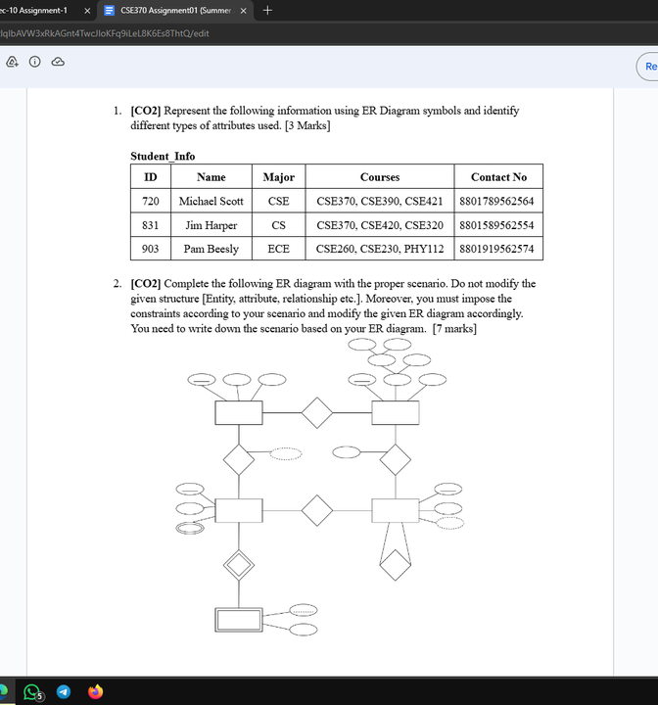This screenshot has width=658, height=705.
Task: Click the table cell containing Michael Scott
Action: [x=211, y=201]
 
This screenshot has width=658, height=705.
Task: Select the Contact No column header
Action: [x=498, y=177]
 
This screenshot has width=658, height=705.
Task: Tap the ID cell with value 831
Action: [x=151, y=224]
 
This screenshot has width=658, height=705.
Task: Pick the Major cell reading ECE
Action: [x=278, y=249]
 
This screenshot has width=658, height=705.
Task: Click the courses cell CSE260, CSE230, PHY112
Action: [x=380, y=249]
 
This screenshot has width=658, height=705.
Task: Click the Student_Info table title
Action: [x=163, y=156]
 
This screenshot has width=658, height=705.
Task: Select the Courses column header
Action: [x=380, y=177]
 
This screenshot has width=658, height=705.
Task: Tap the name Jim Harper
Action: [x=211, y=224]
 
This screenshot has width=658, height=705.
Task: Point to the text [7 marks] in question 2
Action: [x=454, y=328]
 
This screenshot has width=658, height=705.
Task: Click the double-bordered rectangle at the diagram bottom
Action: [x=239, y=620]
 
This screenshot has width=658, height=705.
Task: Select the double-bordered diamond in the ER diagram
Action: [x=239, y=565]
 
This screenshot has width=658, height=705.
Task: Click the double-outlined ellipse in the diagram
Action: [x=188, y=528]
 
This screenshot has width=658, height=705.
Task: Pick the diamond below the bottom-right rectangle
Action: [x=395, y=565]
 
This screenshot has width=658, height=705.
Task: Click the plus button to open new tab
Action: [x=267, y=10]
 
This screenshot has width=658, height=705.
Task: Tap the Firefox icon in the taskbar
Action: [x=95, y=691]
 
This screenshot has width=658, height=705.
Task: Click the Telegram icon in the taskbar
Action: [x=65, y=691]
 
